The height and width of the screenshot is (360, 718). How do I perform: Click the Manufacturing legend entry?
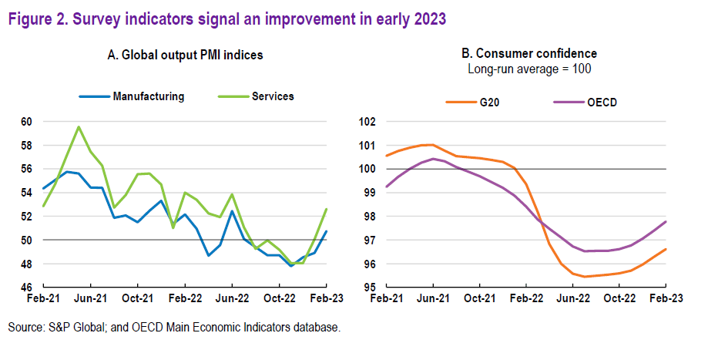[148, 96]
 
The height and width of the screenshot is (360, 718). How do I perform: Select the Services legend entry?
[273, 96]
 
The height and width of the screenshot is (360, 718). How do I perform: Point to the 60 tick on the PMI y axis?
[27, 122]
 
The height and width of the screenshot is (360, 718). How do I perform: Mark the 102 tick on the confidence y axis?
[367, 122]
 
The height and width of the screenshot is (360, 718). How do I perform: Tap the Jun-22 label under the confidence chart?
[573, 298]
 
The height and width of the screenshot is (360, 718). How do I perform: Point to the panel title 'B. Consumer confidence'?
[528, 54]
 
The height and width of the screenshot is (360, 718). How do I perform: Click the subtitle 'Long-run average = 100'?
[528, 69]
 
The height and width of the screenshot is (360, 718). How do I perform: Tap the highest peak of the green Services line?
[79, 126]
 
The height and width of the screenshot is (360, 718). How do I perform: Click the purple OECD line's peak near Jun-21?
[433, 159]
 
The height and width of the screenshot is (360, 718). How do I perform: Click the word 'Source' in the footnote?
[25, 328]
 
